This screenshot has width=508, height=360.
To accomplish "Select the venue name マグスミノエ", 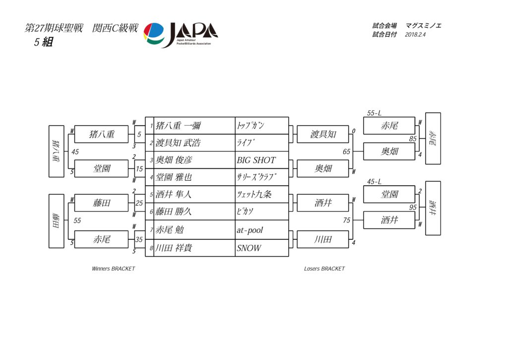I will pos(423,25).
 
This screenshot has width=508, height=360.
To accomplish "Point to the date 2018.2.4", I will pos(415,35).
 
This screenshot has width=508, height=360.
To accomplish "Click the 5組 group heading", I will pos(43,42).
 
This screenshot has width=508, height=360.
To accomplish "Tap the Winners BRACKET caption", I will pos(113,269).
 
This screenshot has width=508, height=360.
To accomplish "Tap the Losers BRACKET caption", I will pos(324,269).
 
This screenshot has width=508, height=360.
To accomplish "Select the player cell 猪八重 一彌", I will pos(190,126).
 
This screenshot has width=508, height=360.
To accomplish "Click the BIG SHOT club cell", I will pos(261,160).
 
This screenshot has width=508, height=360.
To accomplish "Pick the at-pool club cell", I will pos(261,230).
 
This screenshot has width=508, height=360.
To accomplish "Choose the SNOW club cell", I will pos(261,248).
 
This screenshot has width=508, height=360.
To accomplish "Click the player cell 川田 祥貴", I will pos(190,248).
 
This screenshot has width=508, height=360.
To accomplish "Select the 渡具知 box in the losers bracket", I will pos(323,134).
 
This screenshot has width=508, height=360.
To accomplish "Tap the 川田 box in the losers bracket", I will pos(323,239).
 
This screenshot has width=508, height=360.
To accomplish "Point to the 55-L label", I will pos(374,113).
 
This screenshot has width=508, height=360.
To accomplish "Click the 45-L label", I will pos(374,182).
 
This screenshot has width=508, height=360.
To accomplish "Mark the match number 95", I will pos(413,208).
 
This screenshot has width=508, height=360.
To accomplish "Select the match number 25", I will pos(139,203).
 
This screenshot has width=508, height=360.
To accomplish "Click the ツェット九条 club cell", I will pos(261,195).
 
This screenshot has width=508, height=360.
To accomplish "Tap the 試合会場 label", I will pos(384,25).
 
